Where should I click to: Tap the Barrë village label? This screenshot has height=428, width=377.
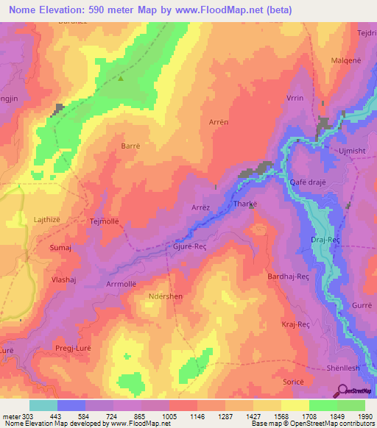tap(130, 146)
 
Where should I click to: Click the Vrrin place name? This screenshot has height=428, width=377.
tap(295, 98)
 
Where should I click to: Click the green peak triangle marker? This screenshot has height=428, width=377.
tap(120, 78)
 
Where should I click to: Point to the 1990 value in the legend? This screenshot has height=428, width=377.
tap(364, 415)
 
